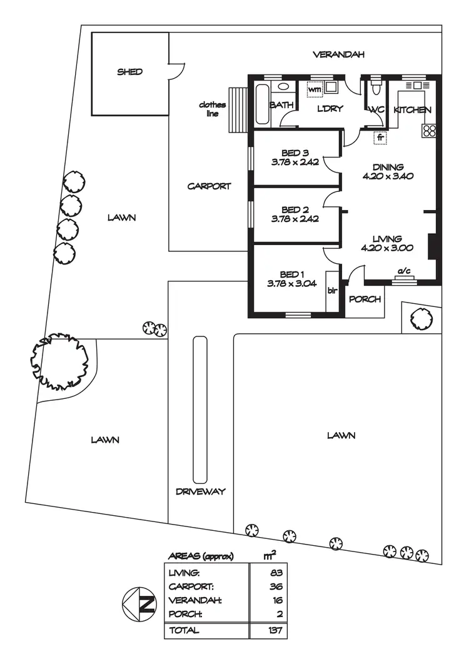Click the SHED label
pos(130,72)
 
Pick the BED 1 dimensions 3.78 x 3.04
pos(292,283)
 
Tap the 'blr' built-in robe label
pos(332,290)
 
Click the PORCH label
pos(365,299)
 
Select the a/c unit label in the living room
pos(404,271)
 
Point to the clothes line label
pos(212,109)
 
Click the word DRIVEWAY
pos(200,491)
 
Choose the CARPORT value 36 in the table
pos(277,586)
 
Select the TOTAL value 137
pos(275,630)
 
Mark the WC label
pos(376,110)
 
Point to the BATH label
pos(281,105)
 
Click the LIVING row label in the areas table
pos(184,572)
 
